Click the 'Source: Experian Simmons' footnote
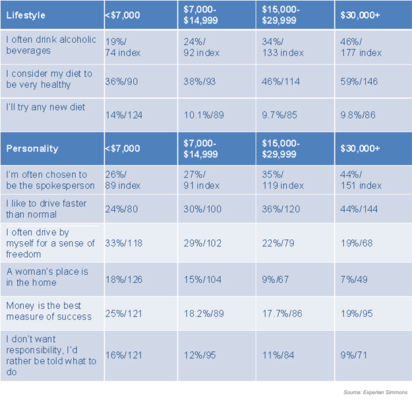click(375, 392)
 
